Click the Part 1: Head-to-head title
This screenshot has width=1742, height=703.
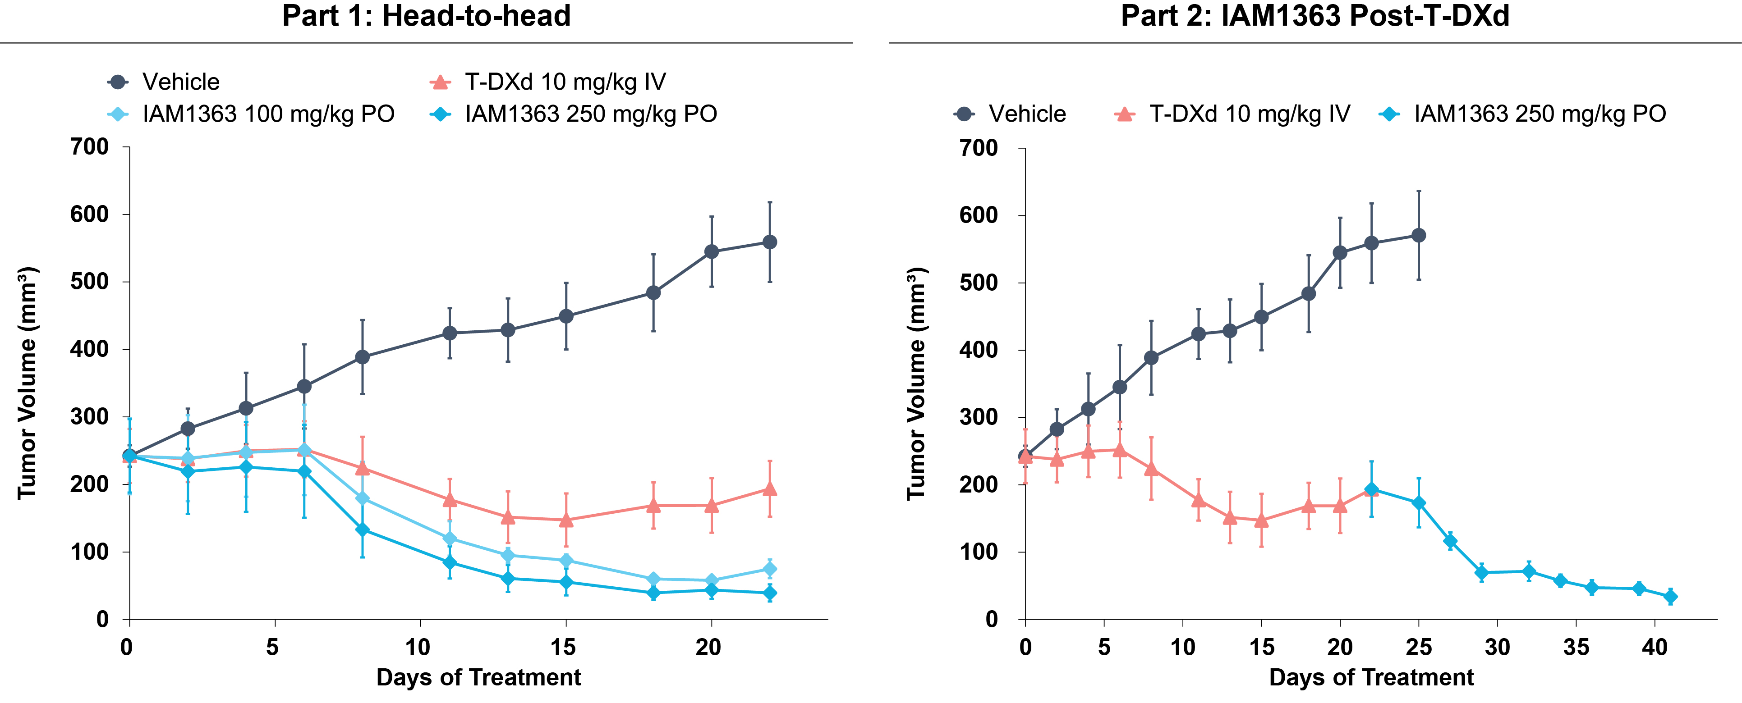[426, 15]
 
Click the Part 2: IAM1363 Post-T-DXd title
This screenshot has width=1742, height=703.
[1315, 15]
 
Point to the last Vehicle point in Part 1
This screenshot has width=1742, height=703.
[770, 242]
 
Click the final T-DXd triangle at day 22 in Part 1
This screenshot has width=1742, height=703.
[770, 488]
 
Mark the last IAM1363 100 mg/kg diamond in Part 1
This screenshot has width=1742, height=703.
[770, 569]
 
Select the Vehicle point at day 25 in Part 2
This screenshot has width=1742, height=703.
[1419, 235]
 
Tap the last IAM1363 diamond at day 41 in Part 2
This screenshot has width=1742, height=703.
[1670, 596]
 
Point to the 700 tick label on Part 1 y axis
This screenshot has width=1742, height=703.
[89, 147]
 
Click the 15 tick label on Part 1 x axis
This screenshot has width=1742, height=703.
[563, 648]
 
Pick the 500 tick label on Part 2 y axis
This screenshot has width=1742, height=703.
[979, 283]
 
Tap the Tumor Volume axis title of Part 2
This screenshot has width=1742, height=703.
[916, 383]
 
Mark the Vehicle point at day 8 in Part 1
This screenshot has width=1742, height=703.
[363, 357]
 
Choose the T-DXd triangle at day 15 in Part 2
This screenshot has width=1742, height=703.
[1261, 520]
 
